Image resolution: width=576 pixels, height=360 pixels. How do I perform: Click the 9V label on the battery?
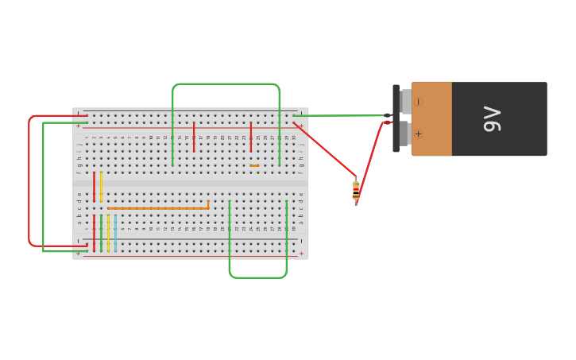click(x=492, y=119)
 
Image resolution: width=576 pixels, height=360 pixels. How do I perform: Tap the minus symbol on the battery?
click(x=419, y=102)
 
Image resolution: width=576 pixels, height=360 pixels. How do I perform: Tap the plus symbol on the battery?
click(x=419, y=134)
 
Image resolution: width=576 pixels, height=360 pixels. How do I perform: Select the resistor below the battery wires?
click(x=356, y=190)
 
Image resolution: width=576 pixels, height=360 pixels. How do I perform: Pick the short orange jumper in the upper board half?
click(x=254, y=165)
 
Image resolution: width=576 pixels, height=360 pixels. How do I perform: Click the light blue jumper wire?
click(x=115, y=232)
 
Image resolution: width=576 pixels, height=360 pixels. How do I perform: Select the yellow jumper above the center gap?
click(x=101, y=186)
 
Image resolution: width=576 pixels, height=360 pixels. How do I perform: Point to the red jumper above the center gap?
click(x=94, y=186)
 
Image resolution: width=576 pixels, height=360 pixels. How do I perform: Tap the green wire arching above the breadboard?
click(x=226, y=83)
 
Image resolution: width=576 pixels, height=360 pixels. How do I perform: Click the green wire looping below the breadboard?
click(x=257, y=277)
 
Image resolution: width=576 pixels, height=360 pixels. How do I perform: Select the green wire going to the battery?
click(x=342, y=115)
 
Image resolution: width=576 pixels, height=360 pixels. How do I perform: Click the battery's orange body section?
click(x=432, y=118)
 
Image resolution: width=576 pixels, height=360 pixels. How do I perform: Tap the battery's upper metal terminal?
click(x=406, y=102)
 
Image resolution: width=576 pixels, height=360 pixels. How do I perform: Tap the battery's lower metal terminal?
click(x=406, y=134)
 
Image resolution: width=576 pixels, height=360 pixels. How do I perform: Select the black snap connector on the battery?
click(x=396, y=118)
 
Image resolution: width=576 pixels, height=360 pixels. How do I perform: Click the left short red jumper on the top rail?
click(x=194, y=136)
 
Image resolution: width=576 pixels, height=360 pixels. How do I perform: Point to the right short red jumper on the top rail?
click(x=251, y=136)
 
